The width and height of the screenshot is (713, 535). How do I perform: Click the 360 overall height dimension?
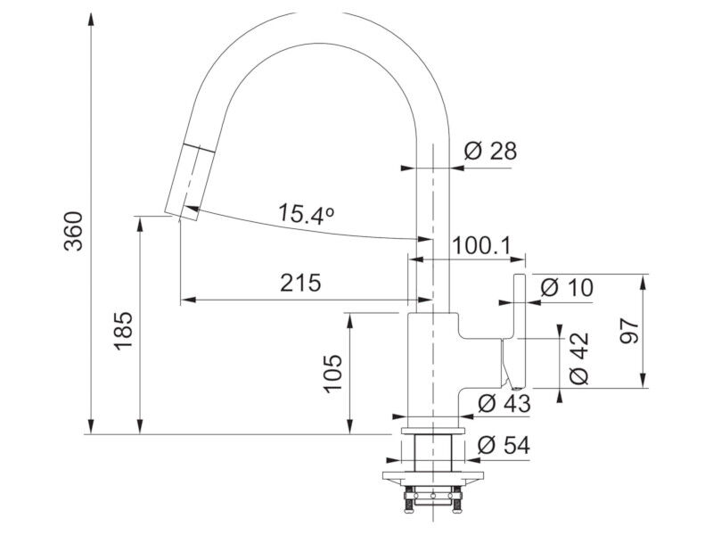pos(74,231)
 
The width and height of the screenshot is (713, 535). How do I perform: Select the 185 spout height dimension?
pos(123,331)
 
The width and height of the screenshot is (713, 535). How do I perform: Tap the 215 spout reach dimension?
pos(300,283)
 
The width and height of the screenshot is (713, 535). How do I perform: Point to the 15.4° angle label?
pos(306,214)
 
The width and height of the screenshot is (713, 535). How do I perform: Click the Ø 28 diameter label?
pos(491,151)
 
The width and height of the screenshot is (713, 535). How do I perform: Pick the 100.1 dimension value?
pos(482,246)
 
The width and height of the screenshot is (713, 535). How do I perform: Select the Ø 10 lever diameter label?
pos(567,287)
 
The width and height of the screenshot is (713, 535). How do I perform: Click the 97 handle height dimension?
pos(630,331)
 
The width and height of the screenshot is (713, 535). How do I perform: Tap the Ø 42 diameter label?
pos(578,359)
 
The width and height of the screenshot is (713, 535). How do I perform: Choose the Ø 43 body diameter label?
pos(504,403)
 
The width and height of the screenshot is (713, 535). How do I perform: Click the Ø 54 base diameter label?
pos(504,445)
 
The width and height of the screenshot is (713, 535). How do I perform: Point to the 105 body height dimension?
pos(332,373)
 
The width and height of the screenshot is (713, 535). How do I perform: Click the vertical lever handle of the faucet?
pos(520,331)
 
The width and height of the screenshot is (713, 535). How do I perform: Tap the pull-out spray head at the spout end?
pos(189,183)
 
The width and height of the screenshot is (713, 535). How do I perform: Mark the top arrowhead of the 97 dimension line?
pos(643,283)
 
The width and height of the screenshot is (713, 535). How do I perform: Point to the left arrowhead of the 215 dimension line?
pos(188,300)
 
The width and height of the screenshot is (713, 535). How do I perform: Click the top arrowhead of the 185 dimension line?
pos(141,225)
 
